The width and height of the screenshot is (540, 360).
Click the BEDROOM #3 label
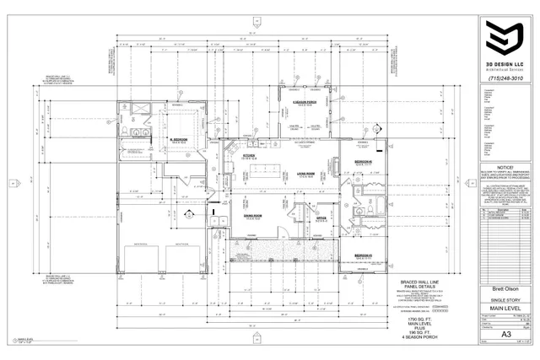(x=364, y=255)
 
